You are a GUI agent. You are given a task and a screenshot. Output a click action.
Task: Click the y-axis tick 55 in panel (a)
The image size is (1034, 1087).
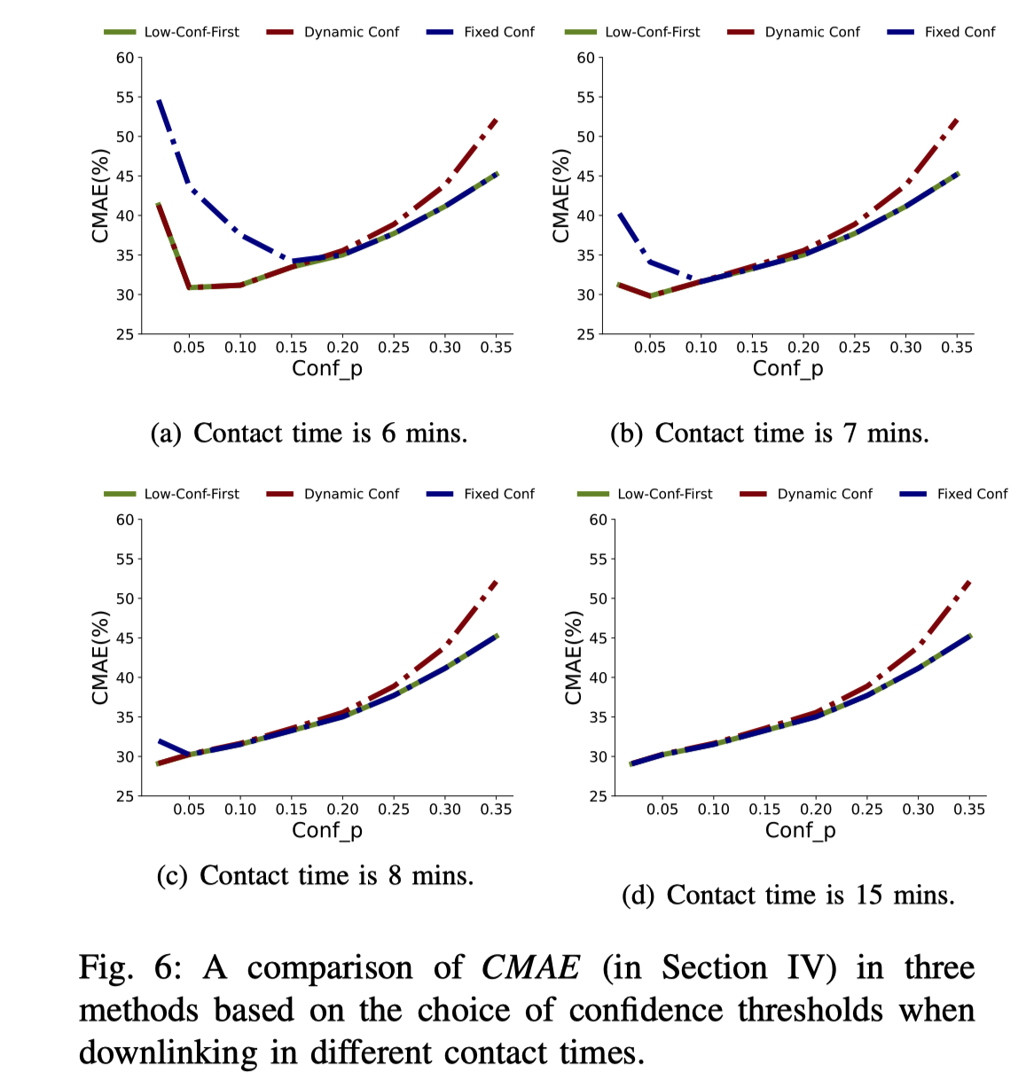click(x=125, y=98)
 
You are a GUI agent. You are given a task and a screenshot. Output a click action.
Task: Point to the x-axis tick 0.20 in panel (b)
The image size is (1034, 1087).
click(x=803, y=348)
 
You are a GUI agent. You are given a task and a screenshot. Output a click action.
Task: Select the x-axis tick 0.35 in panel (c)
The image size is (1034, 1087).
click(x=497, y=809)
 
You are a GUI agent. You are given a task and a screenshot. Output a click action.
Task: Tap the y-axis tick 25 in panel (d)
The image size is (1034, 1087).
click(x=599, y=796)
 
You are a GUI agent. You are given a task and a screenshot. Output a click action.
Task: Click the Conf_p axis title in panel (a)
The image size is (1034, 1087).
click(x=327, y=369)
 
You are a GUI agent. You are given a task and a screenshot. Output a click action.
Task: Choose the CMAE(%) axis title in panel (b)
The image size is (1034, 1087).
click(x=560, y=196)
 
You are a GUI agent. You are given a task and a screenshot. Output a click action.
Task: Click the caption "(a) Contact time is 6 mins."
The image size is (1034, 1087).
click(x=309, y=434)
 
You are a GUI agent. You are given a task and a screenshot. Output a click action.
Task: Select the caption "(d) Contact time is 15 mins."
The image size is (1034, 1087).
click(x=787, y=895)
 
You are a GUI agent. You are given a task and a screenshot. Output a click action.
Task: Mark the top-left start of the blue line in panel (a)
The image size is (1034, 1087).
click(x=159, y=100)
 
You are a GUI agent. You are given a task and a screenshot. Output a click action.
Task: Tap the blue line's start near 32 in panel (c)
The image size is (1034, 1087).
click(x=159, y=740)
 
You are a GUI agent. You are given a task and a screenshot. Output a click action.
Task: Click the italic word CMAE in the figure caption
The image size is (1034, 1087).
click(x=530, y=967)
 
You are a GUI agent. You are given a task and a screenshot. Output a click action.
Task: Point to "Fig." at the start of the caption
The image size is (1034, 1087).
click(x=106, y=967)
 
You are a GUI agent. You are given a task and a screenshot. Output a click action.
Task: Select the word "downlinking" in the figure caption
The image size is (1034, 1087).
click(x=168, y=1052)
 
